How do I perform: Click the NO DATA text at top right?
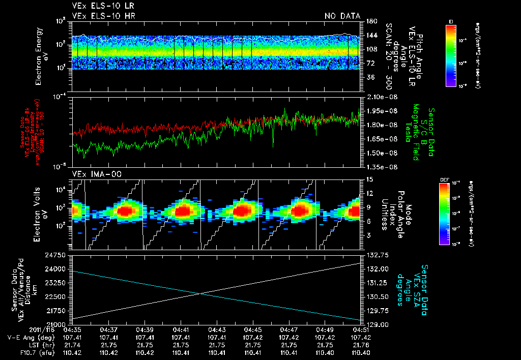[342, 16]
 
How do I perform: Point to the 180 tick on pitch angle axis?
[371, 21]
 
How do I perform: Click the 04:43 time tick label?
[217, 330]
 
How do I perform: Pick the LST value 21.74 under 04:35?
[73, 345]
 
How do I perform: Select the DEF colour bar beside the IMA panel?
[443, 214]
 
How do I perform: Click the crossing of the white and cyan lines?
[200, 293]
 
